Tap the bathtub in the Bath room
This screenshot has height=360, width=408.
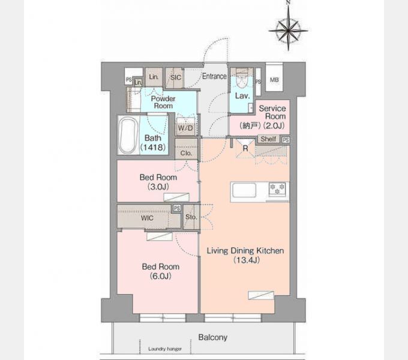tap(128, 135)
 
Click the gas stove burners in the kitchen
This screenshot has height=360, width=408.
tap(277, 189)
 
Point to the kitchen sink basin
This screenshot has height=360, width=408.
tap(244, 190)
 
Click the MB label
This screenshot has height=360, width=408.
tap(274, 80)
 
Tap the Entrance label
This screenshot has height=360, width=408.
tap(214, 76)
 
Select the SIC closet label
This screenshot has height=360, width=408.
tap(176, 77)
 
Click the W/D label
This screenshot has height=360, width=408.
tap(185, 128)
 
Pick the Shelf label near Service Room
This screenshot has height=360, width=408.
tap(268, 139)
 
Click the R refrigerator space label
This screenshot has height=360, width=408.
tap(245, 148)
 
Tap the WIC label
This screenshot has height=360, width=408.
tap(147, 218)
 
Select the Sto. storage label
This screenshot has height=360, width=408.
tap(191, 217)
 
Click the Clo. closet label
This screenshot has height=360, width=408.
tap(186, 153)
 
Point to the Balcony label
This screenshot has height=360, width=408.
tap(213, 337)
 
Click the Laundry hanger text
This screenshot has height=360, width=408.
tap(165, 349)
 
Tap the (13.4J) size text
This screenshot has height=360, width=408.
tap(247, 260)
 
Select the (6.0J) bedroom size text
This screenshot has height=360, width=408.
tap(161, 276)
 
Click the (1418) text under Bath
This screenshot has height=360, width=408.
tap(153, 148)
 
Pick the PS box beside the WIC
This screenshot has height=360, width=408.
tap(177, 208)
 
